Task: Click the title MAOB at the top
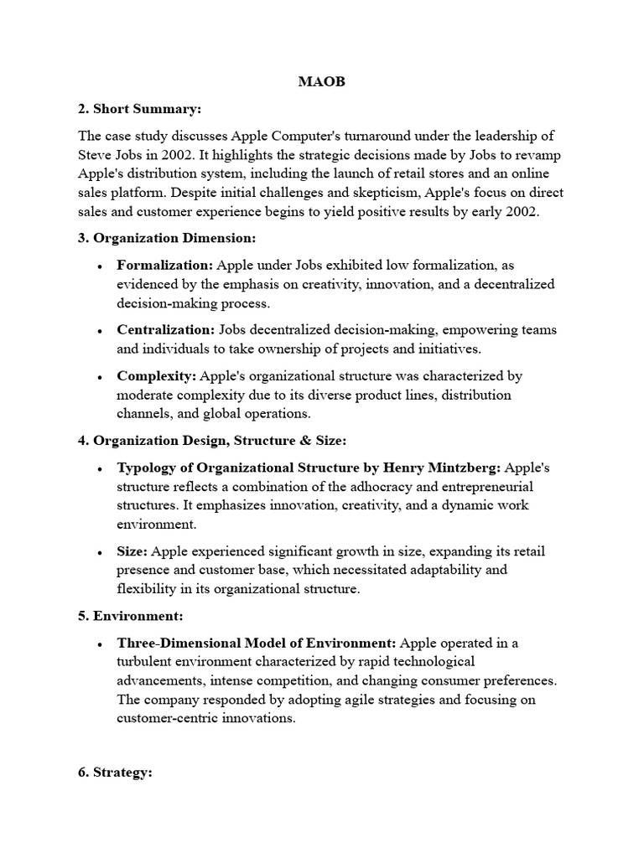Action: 322,83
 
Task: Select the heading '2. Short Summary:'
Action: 140,109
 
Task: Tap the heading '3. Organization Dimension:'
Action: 166,238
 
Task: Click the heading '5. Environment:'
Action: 130,616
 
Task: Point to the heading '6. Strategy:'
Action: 115,773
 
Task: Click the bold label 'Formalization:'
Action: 164,266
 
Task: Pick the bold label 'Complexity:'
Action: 157,376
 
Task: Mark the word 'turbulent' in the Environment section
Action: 145,662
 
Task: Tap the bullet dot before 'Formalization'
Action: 101,266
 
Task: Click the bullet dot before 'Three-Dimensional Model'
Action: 101,644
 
